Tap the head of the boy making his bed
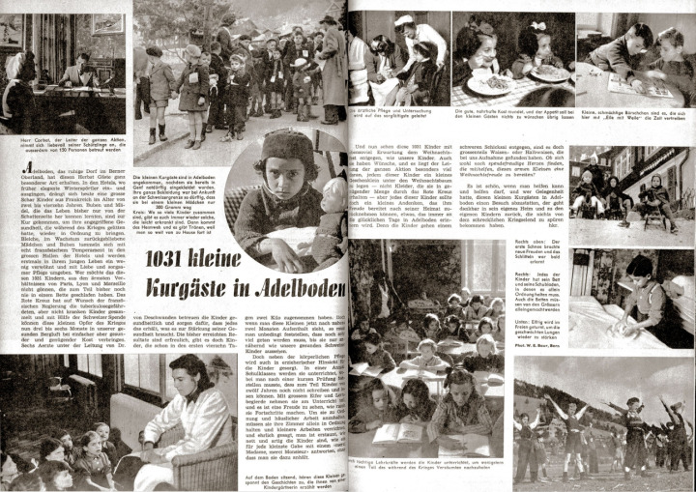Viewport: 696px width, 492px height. tap(639, 267)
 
